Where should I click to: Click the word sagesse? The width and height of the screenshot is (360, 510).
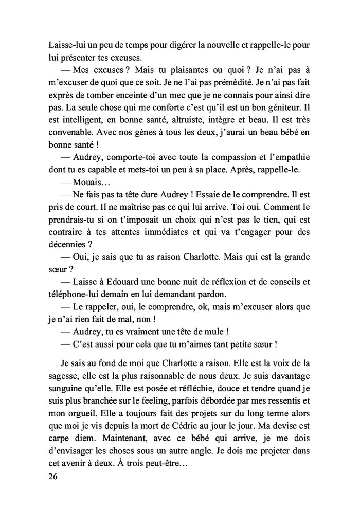click(x=64, y=377)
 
